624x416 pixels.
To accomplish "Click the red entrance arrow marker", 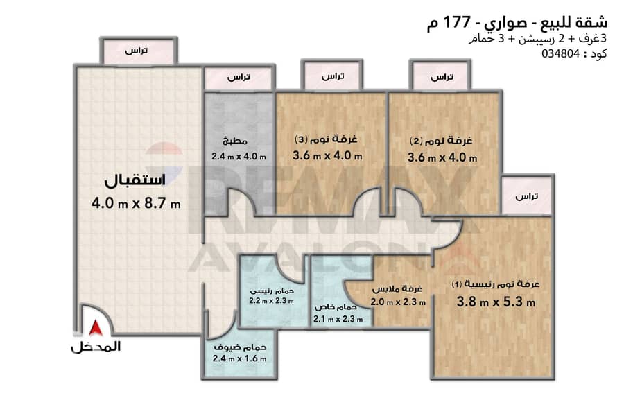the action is pos(96,328).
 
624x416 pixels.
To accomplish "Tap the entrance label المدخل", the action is pos(96,347).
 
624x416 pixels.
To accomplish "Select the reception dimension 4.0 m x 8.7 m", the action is pos(136,204).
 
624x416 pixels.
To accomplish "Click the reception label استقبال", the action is pos(135,180).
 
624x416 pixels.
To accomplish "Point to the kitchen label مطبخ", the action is pos(235,141).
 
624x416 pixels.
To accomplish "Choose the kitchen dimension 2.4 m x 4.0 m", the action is pos(239,157).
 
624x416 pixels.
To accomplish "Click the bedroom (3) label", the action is pos(326,139).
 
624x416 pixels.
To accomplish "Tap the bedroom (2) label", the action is pos(441,141).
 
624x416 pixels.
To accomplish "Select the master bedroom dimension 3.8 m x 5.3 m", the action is pos(496,302).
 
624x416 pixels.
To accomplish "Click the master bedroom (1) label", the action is pos(496,284).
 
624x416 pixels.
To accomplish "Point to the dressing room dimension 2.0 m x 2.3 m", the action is pos(398,302).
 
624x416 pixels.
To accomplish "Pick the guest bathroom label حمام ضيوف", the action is pos(240,347).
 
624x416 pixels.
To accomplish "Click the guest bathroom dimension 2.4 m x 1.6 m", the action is pos(240,358).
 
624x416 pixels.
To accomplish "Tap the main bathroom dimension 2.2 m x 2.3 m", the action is pos(271,301).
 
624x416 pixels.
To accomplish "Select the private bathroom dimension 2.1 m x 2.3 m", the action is pos(338,319).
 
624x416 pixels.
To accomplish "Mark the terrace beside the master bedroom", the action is pos(526,196).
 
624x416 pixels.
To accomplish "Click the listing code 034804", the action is pos(560,54).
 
